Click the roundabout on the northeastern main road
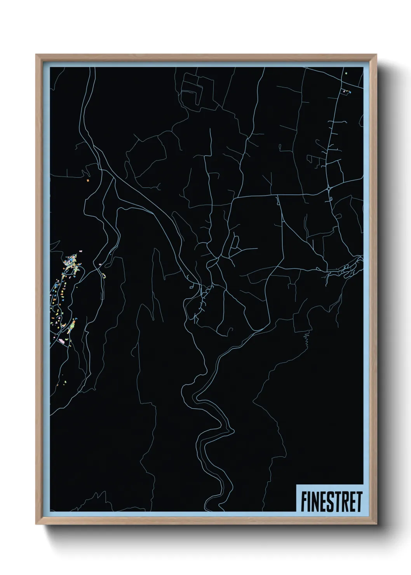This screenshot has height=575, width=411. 329,188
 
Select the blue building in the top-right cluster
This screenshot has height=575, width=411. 350,92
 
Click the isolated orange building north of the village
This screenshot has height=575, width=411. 88,180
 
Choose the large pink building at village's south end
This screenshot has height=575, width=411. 61,341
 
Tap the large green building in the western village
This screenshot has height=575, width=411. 70,330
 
